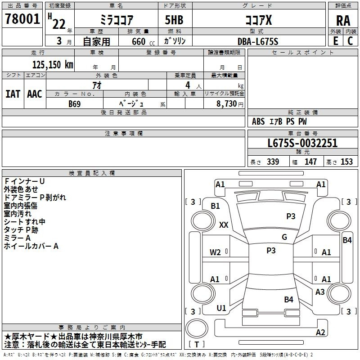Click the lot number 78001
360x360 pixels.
[22, 19]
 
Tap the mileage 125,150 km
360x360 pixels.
[53, 65]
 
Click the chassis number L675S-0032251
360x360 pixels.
[302, 144]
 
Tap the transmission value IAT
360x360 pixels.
[13, 94]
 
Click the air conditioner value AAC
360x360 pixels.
[34, 94]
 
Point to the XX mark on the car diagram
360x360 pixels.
[224, 225]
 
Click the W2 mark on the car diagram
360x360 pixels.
[215, 252]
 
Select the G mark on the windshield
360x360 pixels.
[284, 237]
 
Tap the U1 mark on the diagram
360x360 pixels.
[221, 308]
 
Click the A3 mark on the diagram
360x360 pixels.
[320, 292]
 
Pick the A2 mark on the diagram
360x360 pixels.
[320, 333]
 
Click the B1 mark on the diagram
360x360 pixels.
[215, 206]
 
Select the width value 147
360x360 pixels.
[310, 162]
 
